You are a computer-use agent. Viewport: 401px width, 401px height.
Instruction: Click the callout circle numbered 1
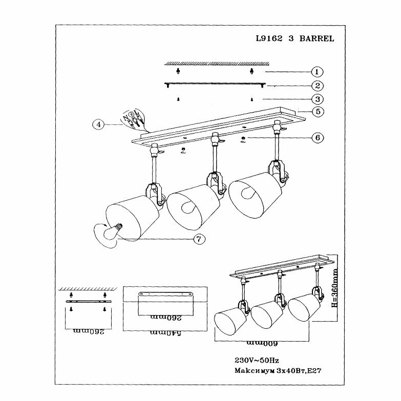click(318, 72)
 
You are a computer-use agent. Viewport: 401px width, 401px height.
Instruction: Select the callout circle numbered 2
click(318, 86)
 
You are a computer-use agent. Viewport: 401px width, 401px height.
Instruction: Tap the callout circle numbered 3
click(318, 99)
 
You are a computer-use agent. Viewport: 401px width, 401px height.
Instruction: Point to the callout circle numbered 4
click(98, 124)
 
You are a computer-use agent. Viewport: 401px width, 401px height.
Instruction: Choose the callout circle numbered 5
click(318, 111)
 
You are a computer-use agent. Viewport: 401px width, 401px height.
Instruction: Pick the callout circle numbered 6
click(318, 138)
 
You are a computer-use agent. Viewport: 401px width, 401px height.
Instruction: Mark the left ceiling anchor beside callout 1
click(178, 70)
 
